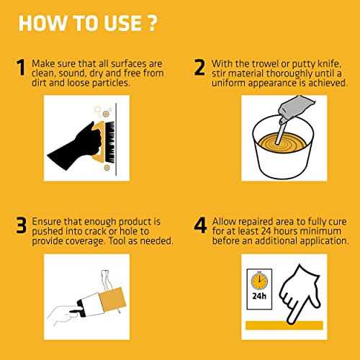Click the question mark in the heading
coord(152,23)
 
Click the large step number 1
coord(21,67)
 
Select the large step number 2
coord(199,67)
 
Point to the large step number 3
coord(21,225)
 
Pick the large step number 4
coord(200,225)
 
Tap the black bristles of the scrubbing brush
coord(110,142)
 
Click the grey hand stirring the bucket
coord(296,109)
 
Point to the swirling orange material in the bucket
coord(283,143)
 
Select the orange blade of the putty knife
coord(113,299)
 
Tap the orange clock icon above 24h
coord(259,280)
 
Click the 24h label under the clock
coord(259,296)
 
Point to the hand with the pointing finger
coord(300,293)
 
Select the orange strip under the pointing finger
coord(284,325)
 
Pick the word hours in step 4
coord(286,231)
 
